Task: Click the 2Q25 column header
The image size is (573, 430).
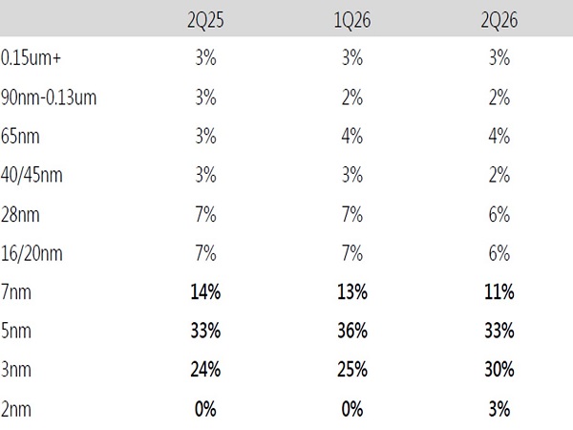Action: click(205, 20)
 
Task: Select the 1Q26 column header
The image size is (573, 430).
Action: click(352, 20)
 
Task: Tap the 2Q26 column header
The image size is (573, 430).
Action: click(499, 20)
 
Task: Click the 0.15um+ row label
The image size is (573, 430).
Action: click(31, 58)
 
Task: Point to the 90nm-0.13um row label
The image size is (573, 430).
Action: click(49, 97)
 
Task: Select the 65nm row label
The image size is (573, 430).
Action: click(20, 137)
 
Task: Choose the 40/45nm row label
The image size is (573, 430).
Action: click(32, 175)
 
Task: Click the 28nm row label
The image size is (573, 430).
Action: click(20, 215)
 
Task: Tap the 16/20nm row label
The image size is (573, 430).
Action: click(32, 253)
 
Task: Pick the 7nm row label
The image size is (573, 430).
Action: click(16, 292)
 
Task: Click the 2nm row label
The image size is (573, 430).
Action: click(16, 409)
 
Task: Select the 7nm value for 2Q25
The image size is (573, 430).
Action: click(205, 292)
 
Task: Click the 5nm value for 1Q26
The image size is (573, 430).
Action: click(352, 331)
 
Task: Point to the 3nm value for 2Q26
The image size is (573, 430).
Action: click(499, 370)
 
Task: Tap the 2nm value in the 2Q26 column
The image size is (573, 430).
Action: click(499, 409)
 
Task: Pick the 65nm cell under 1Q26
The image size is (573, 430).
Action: click(352, 137)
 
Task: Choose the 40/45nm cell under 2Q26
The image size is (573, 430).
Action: click(499, 175)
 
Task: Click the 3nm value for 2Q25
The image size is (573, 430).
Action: click(205, 370)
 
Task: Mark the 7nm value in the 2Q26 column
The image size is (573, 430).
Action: click(499, 292)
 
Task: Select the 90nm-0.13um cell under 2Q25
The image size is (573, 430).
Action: click(205, 97)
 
